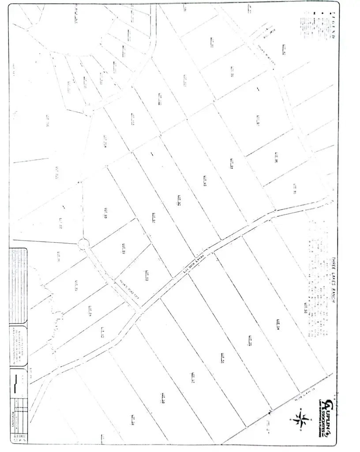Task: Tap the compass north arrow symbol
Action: pos(302,417)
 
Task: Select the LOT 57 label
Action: pos(193,377)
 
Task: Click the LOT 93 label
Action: pos(205,181)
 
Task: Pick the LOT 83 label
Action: pos(102,331)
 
